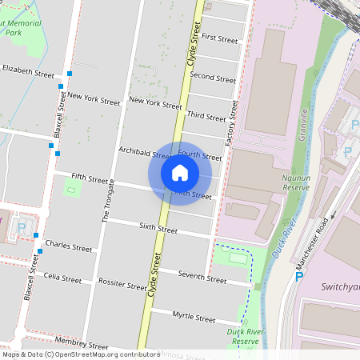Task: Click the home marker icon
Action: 180,172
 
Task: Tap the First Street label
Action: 220,38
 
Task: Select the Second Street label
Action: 213,78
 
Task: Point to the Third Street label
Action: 206,117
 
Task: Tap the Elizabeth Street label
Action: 28,71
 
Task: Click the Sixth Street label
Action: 158,229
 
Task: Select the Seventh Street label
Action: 202,278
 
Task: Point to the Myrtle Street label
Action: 194,318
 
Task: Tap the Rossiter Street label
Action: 118,283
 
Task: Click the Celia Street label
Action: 63,278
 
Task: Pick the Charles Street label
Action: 69,246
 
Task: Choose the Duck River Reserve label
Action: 244,336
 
